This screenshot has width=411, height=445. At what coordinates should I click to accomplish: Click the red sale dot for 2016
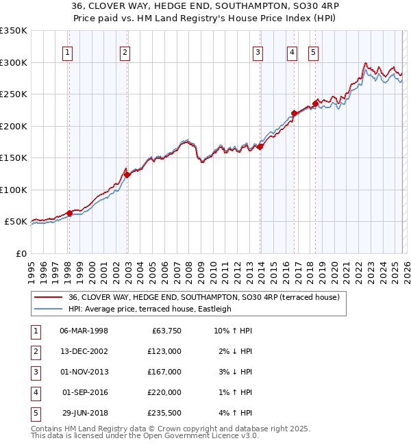coord(294,113)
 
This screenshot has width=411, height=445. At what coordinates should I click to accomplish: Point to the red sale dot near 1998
coord(69,213)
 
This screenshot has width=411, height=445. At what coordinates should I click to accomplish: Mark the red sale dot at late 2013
coord(260,147)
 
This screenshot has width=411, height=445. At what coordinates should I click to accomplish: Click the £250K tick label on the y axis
coord(14,94)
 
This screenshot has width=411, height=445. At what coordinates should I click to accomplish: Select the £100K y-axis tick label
coord(14,190)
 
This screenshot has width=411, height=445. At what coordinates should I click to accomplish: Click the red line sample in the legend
coord(48,297)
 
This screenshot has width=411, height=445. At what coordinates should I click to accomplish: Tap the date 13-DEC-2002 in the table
coord(84,351)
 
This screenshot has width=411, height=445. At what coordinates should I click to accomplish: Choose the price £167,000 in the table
coord(164,372)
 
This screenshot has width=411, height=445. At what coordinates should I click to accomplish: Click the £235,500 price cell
coord(164,413)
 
